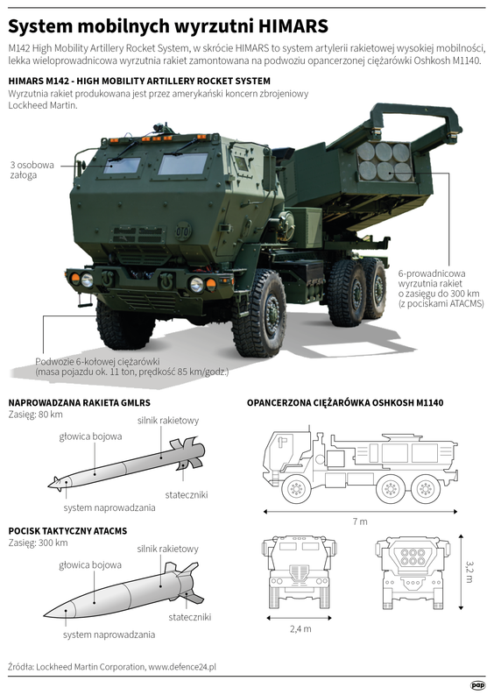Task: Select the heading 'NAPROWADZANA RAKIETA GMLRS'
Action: coord(79,402)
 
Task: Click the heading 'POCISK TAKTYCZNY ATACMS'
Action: coord(67,530)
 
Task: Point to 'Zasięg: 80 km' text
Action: coord(36,414)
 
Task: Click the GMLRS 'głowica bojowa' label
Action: coord(90,435)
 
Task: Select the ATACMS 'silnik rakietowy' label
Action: coord(167,549)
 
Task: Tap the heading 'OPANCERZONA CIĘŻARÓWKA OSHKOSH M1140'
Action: coord(346,402)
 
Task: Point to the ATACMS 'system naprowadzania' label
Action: coord(109,634)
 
